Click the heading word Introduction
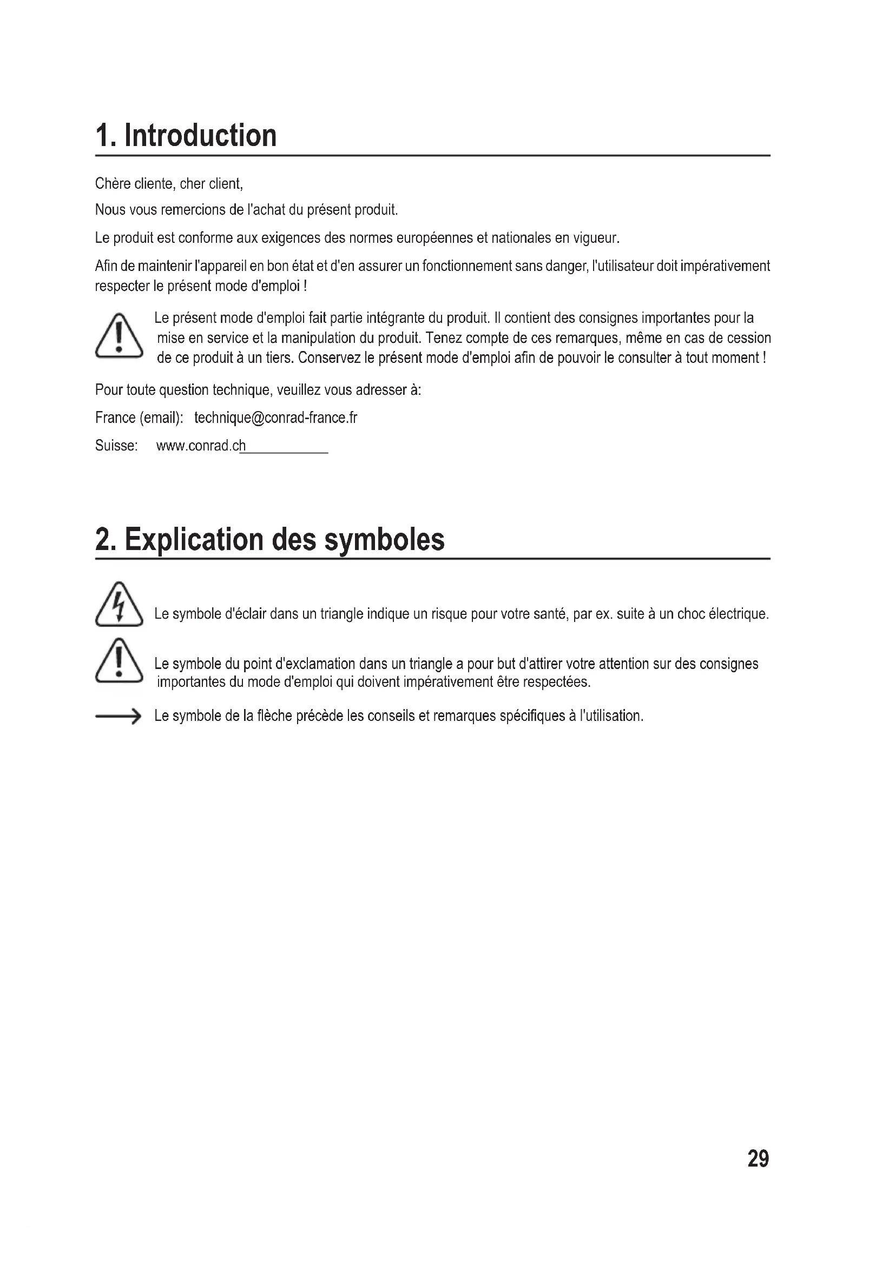pyautogui.click(x=201, y=136)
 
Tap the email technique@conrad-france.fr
pyautogui.click(x=275, y=418)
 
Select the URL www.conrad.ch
pyautogui.click(x=201, y=446)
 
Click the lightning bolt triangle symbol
pyautogui.click(x=119, y=605)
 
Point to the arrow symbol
pyautogui.click(x=118, y=716)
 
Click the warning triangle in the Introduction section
pyautogui.click(x=119, y=336)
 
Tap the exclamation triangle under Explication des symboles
pyautogui.click(x=119, y=661)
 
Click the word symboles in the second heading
pyautogui.click(x=384, y=539)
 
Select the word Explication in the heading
pyautogui.click(x=195, y=539)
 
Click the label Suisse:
pyautogui.click(x=116, y=446)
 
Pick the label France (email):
pyautogui.click(x=139, y=418)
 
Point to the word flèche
pyautogui.click(x=274, y=716)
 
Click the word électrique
pyautogui.click(x=738, y=614)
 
